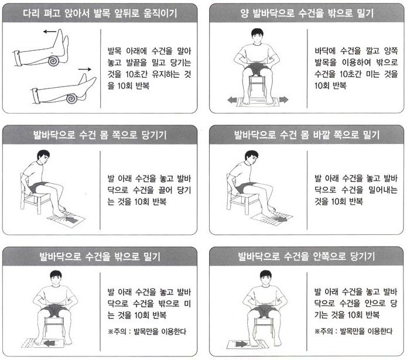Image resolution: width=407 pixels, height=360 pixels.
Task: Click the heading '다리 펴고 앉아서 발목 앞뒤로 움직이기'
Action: pos(100,13)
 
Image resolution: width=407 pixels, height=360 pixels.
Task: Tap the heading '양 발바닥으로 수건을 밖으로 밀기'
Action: pos(307,13)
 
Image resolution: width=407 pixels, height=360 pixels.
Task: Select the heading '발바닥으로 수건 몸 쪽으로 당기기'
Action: pos(100,135)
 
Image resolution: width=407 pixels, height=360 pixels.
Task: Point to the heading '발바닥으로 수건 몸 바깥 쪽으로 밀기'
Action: pos(307,135)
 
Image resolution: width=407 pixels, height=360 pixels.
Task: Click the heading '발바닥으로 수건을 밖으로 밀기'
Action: pos(100,256)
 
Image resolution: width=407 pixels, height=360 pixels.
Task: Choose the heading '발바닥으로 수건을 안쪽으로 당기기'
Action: pos(307,256)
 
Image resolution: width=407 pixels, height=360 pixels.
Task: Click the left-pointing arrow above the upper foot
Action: pos(50,32)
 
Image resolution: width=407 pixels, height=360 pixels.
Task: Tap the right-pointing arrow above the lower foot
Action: pos(84,69)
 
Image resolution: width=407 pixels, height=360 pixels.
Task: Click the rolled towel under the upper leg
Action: pos(54,61)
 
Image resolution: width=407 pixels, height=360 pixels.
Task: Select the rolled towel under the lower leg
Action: pos(71,98)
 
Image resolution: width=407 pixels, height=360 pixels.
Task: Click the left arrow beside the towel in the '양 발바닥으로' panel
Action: pos(232,100)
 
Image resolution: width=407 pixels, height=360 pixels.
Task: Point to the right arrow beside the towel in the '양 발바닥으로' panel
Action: pos(283,100)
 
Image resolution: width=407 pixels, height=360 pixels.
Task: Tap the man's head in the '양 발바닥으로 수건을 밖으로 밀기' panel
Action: pos(257,36)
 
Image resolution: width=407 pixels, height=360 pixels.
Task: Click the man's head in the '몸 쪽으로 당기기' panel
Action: pos(43,157)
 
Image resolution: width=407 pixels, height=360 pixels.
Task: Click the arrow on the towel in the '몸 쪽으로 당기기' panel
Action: pos(71,220)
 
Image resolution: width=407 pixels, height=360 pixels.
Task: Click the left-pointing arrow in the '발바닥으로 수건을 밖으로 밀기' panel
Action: pos(50,344)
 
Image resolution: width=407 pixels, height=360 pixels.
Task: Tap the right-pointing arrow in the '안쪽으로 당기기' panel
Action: pos(241,344)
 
